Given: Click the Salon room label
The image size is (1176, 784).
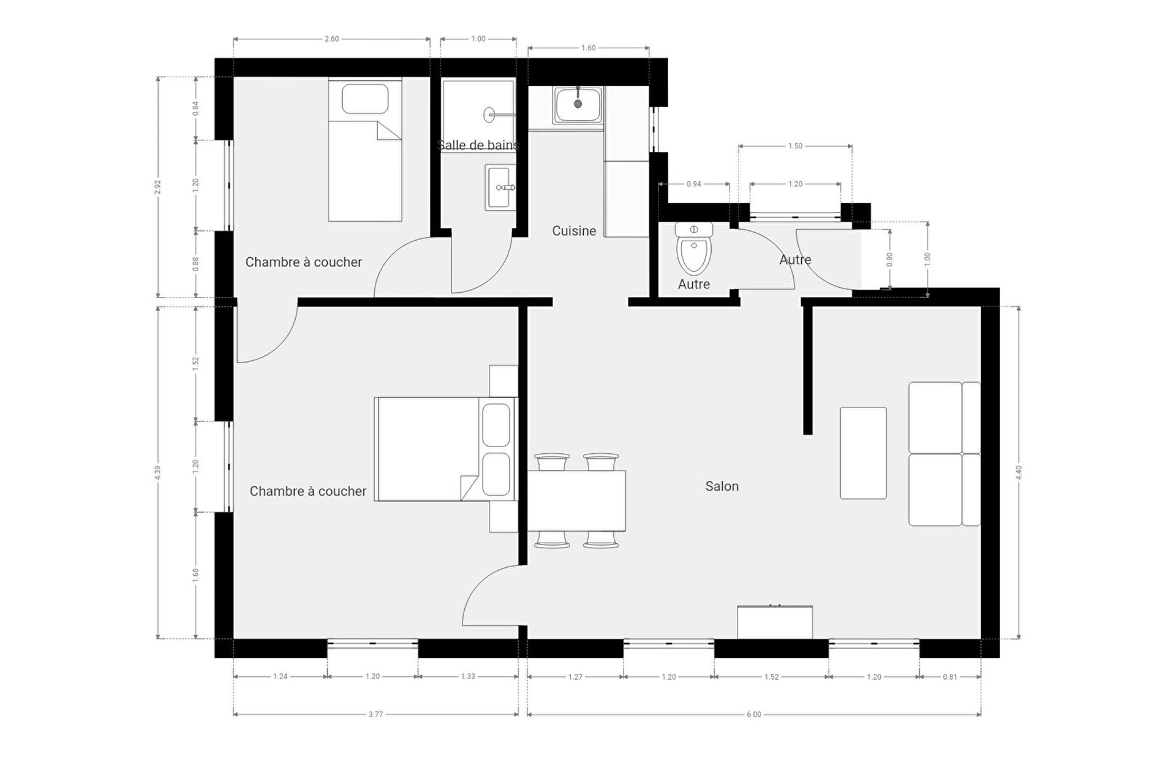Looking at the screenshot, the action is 722,486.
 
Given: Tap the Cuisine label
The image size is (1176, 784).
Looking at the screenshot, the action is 574,231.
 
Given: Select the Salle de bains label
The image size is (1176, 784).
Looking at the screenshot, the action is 478,145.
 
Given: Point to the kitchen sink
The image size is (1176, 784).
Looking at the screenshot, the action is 578,105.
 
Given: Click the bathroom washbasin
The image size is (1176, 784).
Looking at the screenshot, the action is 500,187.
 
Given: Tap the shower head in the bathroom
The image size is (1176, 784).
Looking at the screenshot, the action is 489,115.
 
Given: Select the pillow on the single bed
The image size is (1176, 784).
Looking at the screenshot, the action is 365,99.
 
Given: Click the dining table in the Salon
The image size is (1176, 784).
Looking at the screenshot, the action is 576,500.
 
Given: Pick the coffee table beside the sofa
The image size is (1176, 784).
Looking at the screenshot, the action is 863,453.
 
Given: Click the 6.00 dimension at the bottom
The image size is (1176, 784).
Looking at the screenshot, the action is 754,714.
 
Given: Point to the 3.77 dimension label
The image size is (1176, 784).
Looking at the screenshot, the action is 375,714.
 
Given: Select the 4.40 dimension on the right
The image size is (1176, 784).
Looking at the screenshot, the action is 1019,472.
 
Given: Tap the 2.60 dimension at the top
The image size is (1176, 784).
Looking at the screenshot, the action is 331,39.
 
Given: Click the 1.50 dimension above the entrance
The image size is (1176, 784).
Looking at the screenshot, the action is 795,146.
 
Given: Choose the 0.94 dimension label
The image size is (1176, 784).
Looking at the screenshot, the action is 694,184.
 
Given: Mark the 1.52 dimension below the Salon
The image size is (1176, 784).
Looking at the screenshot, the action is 771,677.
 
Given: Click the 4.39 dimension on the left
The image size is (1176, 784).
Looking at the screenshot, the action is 157,472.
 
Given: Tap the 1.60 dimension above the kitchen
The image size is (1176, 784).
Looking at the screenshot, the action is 588,48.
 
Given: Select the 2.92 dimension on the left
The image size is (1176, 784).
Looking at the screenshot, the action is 157,187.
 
